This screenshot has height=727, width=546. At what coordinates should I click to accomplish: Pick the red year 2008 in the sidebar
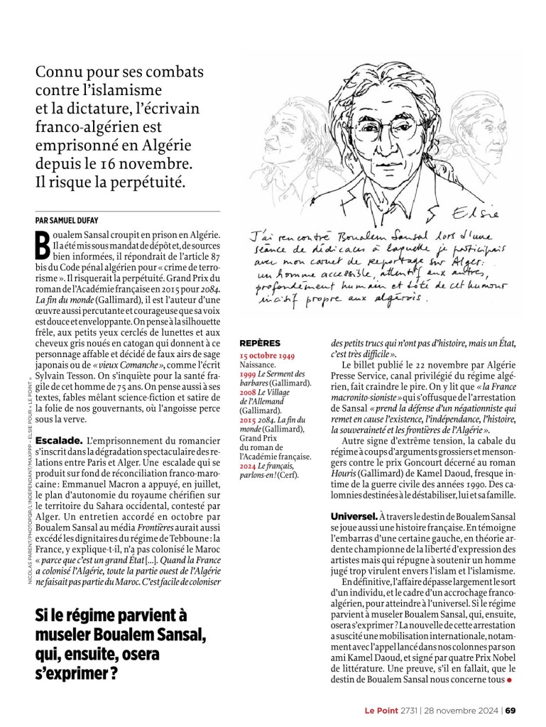[247, 390]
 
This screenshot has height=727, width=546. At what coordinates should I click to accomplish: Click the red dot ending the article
[508, 681]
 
